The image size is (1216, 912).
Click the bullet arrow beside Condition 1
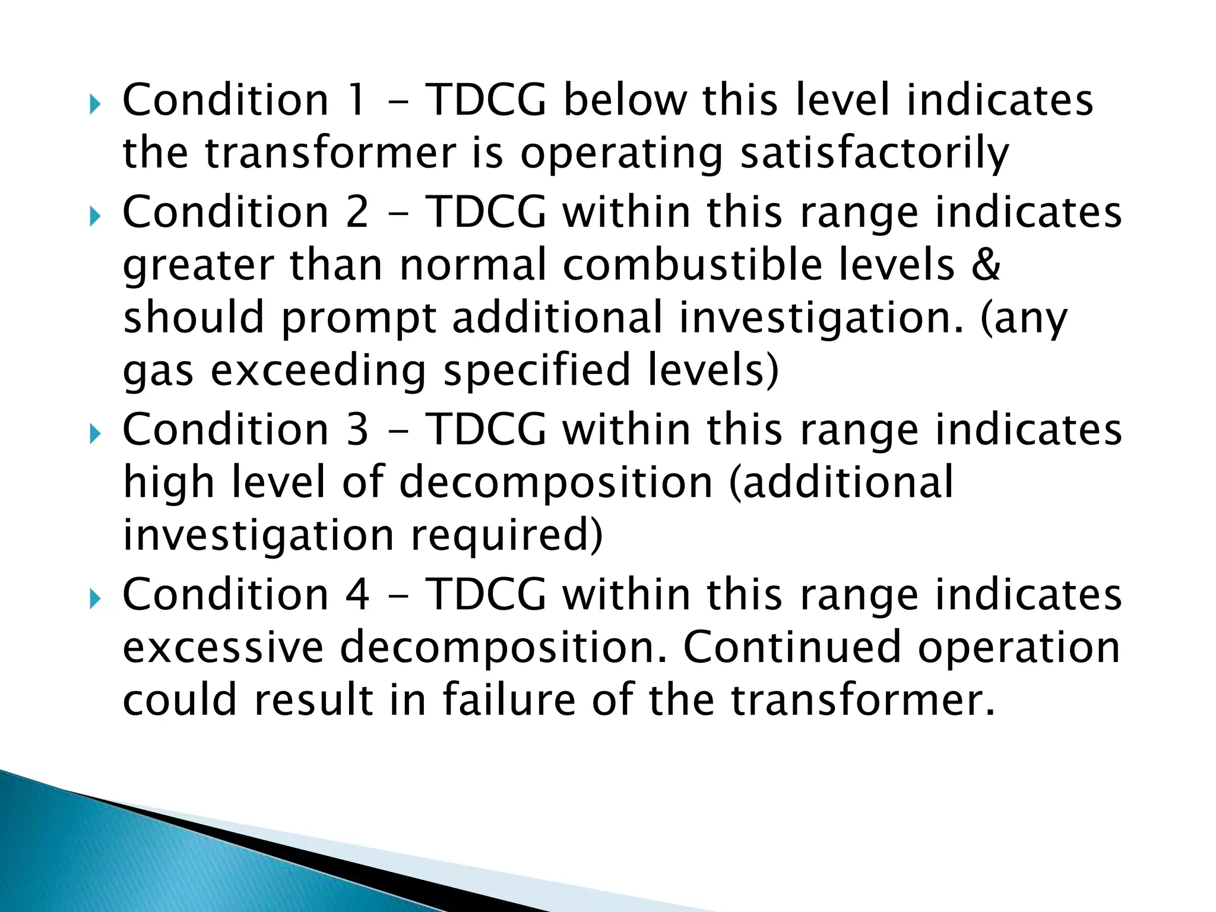[95, 106]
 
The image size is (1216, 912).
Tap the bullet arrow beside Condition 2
[95, 217]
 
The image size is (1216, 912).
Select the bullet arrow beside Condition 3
[95, 435]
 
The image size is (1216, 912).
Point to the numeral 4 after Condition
[357, 594]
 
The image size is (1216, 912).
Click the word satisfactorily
[874, 153]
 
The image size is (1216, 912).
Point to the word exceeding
[318, 372]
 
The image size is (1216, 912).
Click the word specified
[536, 372]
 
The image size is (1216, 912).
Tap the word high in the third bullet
[169, 483]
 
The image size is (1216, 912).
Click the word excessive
[223, 647]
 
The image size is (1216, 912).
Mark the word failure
[508, 699]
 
